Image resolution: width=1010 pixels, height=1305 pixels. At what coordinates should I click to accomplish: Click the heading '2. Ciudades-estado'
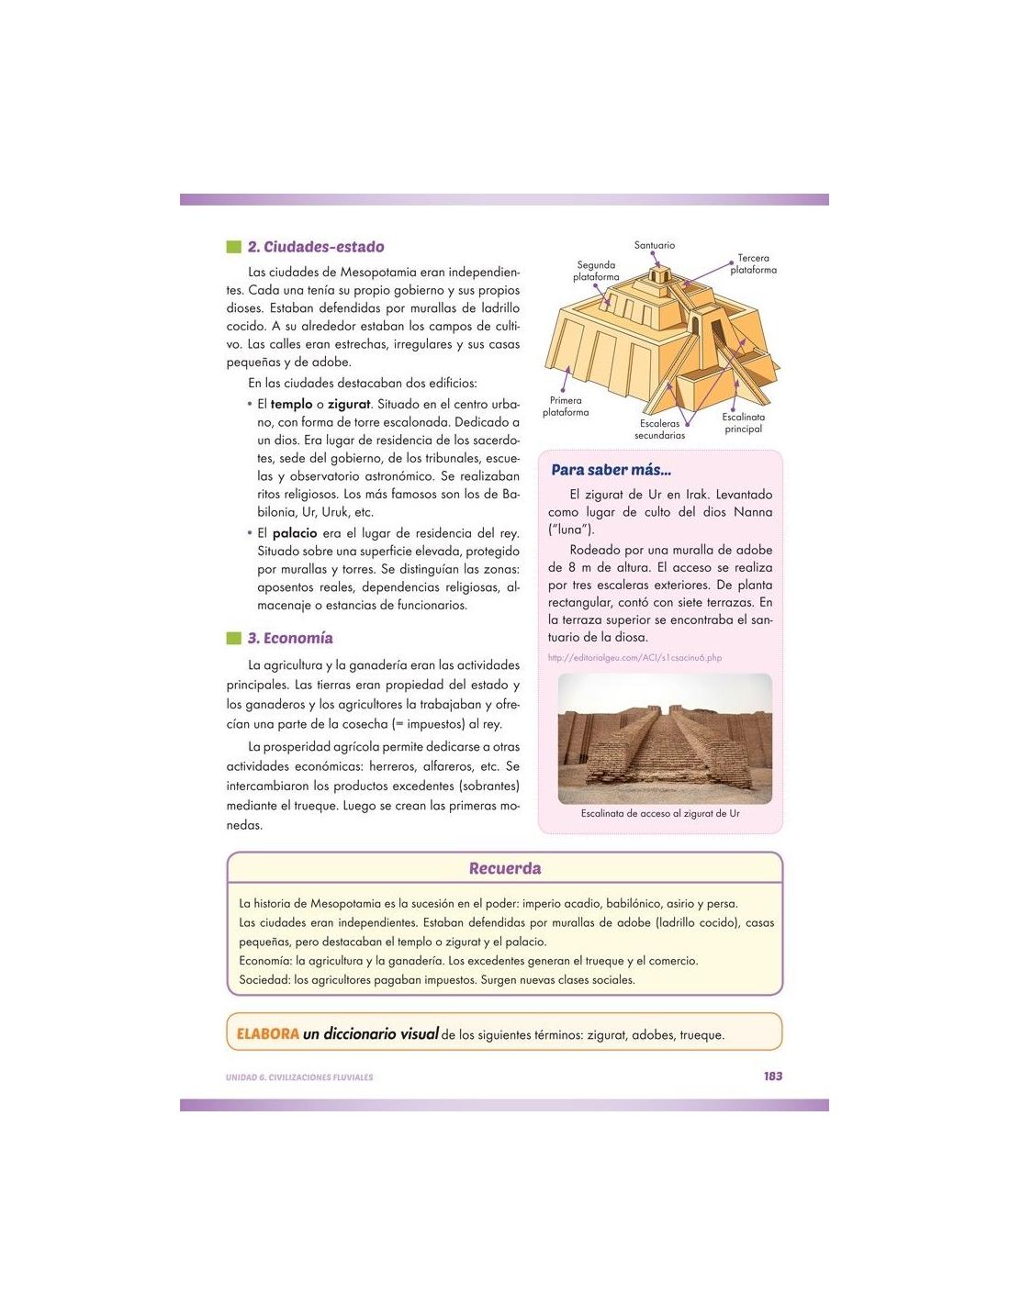coord(316,247)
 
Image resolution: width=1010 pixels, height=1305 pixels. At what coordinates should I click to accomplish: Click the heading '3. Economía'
coord(290,639)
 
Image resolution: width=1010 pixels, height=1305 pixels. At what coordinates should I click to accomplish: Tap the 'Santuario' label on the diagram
coord(655,245)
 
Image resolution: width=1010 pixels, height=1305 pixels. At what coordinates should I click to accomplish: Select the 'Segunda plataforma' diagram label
coord(597,271)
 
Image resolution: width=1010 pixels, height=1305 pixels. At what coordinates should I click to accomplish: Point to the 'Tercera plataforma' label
coord(753,264)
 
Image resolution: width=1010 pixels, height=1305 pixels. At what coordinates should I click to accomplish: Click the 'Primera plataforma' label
coord(566,407)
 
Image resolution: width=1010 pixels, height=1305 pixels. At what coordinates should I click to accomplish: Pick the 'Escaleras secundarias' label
coord(659,429)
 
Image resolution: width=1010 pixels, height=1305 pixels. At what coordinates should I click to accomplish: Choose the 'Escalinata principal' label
coord(743,423)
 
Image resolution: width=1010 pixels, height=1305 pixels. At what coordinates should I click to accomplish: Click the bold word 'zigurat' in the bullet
coord(349,404)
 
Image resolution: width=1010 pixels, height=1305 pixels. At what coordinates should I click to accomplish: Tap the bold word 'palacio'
coord(295,533)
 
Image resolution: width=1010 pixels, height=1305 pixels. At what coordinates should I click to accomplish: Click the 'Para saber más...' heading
coord(611,470)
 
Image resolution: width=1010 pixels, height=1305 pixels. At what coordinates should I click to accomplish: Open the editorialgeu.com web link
coord(634,657)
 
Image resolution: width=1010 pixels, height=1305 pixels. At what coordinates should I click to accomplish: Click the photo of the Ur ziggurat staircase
coord(665,738)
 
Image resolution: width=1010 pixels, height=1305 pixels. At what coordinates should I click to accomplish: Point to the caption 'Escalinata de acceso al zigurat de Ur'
coord(660,813)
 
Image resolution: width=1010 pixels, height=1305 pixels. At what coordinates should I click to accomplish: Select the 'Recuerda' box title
coord(505,868)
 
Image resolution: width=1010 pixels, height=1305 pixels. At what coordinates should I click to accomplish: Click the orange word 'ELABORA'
coord(268,1033)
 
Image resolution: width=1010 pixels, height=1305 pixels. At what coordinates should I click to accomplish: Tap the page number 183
coord(772,1076)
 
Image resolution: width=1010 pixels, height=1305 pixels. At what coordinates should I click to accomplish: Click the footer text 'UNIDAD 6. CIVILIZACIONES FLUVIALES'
coord(299,1077)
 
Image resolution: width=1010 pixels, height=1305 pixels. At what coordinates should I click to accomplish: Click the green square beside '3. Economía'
coord(232,639)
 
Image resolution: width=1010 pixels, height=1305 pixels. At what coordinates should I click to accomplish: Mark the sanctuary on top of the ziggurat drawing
coord(656,275)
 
